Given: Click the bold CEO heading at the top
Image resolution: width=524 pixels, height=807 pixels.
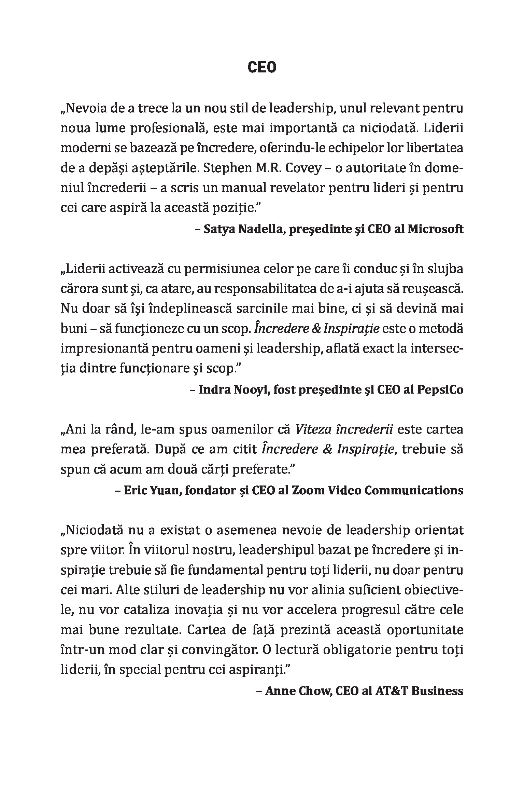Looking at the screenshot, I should click(x=261, y=68).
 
